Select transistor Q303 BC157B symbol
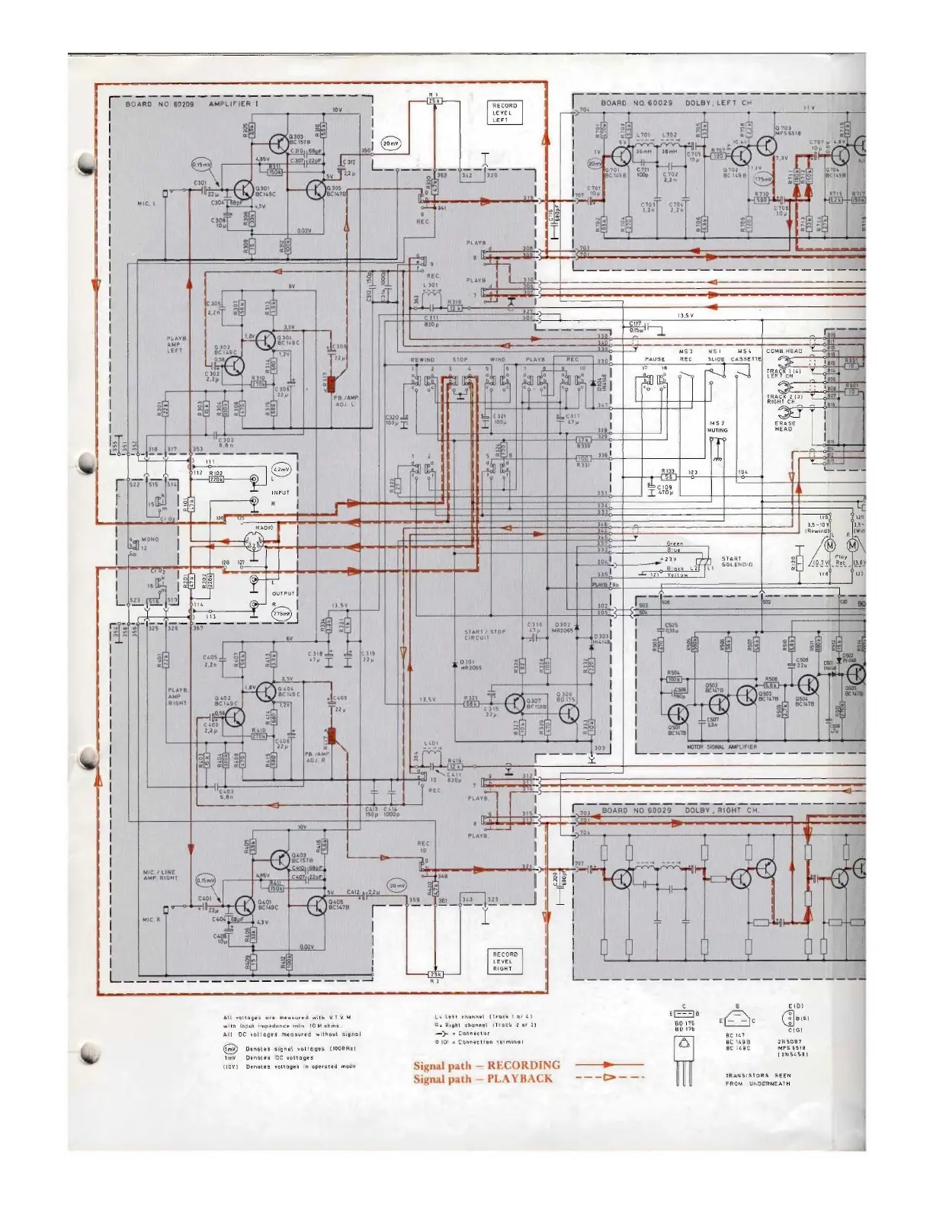pos(278,142)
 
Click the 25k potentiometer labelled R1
pos(434,101)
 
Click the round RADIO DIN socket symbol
pos(254,543)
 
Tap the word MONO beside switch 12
pos(150,540)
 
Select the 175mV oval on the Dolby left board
pos(761,180)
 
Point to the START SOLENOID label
pos(737,562)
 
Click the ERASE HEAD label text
pos(785,426)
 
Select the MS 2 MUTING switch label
pos(717,426)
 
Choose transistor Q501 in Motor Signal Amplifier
pos(678,714)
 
